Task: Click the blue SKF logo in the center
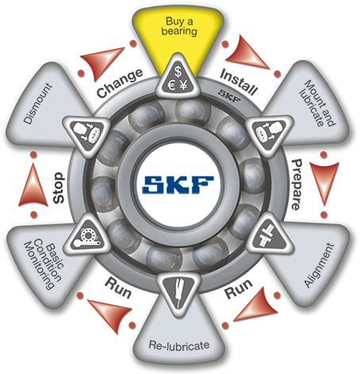[178, 185]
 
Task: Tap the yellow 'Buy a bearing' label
[179, 26]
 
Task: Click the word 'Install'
[239, 82]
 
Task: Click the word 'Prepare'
[297, 185]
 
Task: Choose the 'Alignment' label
[319, 265]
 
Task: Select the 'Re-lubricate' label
[179, 345]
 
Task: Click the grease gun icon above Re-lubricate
[178, 292]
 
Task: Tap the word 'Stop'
[59, 188]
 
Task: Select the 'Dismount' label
[38, 103]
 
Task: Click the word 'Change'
[120, 83]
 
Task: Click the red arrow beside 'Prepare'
[324, 183]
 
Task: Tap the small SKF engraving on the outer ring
[230, 96]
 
